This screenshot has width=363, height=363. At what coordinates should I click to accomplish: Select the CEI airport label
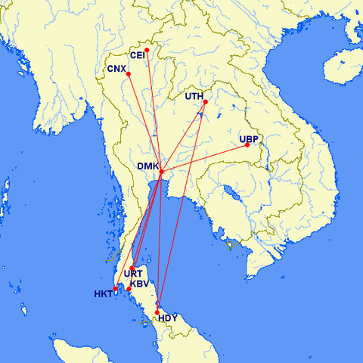tap(138, 55)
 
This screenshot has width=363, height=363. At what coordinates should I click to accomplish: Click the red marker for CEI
tap(147, 51)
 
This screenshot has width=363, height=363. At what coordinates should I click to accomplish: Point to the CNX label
tap(116, 69)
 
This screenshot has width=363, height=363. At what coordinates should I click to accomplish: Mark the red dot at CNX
tap(129, 73)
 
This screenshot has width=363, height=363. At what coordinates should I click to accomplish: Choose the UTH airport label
tap(194, 96)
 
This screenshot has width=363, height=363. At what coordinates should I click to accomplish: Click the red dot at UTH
tap(205, 102)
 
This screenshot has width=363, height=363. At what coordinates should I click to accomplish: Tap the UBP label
tap(249, 139)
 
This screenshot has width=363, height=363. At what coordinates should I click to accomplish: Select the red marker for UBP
tap(247, 145)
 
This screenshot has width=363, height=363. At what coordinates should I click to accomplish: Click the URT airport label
tap(133, 274)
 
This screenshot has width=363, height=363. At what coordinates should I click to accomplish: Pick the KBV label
tap(141, 284)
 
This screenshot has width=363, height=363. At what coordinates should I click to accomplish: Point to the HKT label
tap(103, 293)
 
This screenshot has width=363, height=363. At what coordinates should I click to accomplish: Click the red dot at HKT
tap(116, 289)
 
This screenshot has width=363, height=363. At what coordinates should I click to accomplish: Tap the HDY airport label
tap(167, 318)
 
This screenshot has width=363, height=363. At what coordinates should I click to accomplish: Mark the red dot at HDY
tap(157, 312)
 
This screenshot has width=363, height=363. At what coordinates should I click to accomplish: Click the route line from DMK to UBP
tap(204, 158)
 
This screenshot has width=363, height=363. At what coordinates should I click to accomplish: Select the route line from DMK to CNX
tap(145, 123)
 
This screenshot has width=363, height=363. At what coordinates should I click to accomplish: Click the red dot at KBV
tap(129, 289)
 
